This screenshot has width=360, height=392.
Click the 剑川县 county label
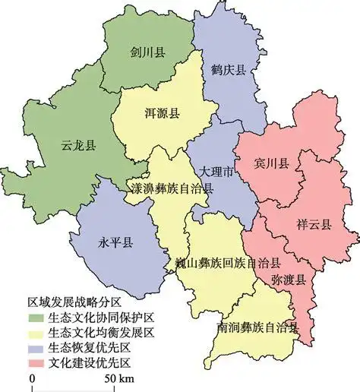point(148,52)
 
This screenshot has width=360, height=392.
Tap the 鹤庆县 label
point(228,70)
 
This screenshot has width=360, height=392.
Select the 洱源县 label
point(162,114)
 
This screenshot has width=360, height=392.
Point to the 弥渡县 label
point(289,280)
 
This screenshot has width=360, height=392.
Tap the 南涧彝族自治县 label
point(257,328)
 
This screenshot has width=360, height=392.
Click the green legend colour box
point(35,318)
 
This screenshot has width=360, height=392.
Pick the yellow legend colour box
point(35,333)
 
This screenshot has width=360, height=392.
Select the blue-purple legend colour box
point(35,348)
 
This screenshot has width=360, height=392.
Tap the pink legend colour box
point(35,362)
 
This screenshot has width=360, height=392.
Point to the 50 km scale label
point(119,379)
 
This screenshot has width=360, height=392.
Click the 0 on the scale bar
point(32,379)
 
